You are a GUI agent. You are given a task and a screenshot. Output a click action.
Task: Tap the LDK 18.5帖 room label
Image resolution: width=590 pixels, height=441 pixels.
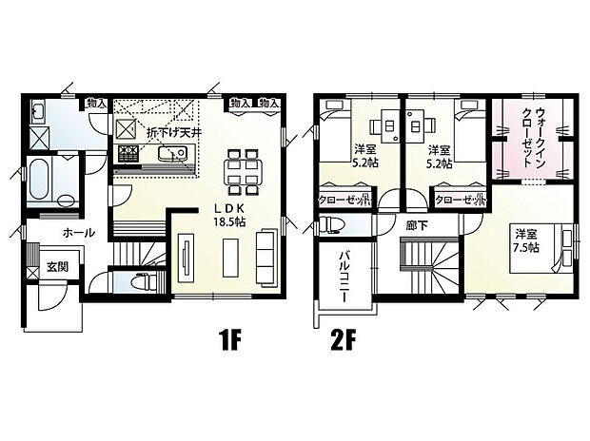click(x=229, y=215)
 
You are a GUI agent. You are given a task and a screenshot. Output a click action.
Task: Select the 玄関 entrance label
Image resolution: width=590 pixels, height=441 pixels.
click(x=57, y=266)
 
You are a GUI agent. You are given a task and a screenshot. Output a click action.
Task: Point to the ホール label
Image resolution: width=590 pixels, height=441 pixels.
click(x=79, y=233)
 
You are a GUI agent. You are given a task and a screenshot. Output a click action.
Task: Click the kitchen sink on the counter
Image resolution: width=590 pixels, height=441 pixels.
click(x=172, y=153)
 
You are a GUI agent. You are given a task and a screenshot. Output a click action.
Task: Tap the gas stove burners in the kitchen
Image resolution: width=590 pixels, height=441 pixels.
click(x=128, y=154)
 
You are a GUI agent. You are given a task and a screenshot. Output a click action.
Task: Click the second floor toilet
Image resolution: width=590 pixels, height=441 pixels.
click(x=332, y=225)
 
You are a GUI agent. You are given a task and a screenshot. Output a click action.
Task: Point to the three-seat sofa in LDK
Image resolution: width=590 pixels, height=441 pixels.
click(x=266, y=256)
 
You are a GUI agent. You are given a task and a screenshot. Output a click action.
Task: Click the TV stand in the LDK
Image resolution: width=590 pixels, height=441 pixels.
click(x=186, y=258)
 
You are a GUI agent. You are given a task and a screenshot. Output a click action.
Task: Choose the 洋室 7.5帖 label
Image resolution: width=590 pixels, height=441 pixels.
click(x=527, y=241)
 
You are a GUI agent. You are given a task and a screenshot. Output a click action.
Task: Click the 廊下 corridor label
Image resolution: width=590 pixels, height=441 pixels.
click(x=417, y=225)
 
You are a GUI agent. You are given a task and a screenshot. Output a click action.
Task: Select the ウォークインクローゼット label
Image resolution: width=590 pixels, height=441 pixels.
click(x=534, y=137)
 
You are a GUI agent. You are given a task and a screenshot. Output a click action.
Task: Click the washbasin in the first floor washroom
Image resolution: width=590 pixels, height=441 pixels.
click(x=37, y=111)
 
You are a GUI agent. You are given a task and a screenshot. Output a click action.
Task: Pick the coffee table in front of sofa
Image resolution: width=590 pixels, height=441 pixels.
click(x=230, y=258)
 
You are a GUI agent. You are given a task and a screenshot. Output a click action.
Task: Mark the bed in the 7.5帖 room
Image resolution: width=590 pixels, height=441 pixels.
click(x=541, y=248)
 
